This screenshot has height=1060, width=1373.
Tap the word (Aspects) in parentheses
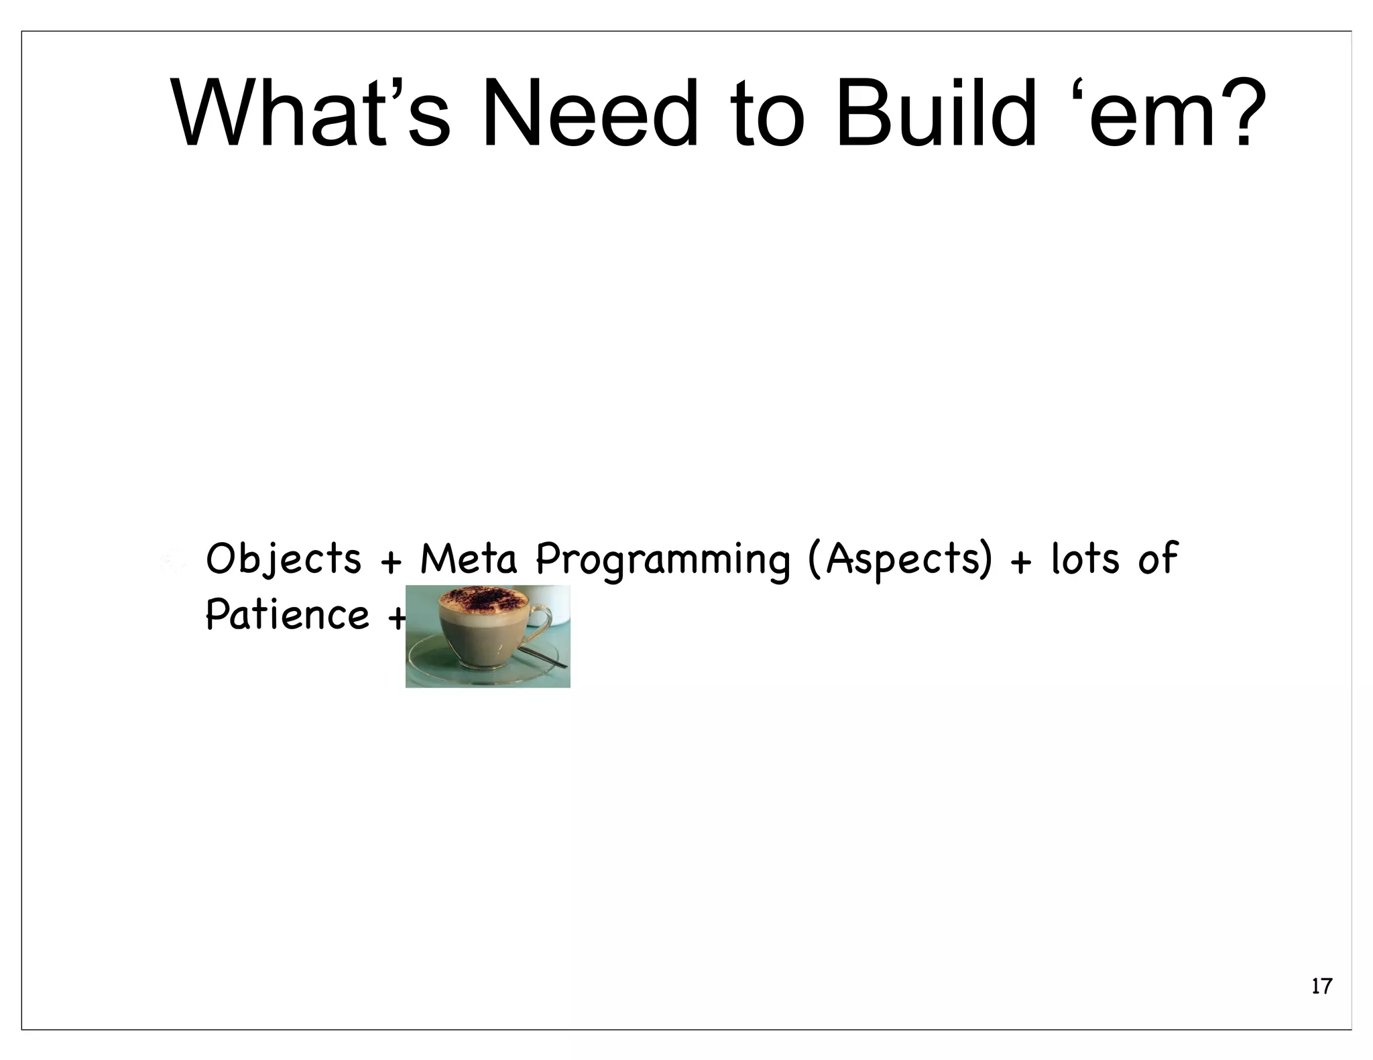(x=900, y=559)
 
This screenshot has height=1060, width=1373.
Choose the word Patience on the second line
(x=287, y=614)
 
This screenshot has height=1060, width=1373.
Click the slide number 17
(x=1321, y=986)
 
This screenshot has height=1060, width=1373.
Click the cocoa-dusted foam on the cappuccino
(x=479, y=599)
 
